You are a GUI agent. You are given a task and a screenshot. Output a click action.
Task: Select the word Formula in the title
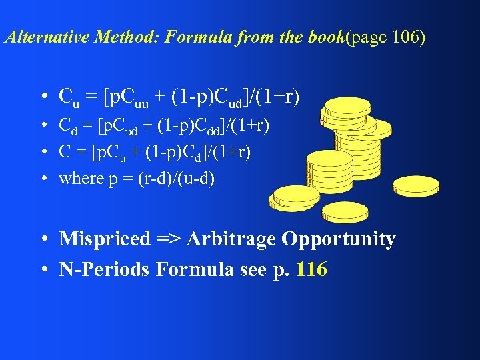coord(194,37)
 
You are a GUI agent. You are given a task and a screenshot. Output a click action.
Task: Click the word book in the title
coord(326,37)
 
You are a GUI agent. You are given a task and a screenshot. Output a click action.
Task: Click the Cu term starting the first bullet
coord(68,98)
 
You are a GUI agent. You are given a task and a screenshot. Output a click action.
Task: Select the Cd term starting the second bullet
coord(67,125)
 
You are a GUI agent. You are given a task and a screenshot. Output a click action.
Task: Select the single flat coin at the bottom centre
coord(344,211)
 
